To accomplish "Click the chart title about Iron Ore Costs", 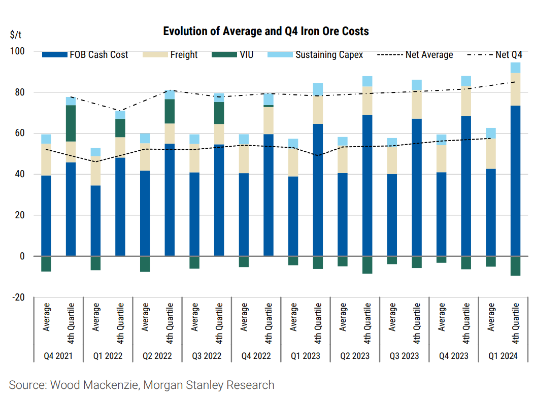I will tap(266, 31).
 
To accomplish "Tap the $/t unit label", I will tap(16, 35).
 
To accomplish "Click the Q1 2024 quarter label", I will tap(503, 356).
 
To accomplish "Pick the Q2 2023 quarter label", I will tap(355, 356).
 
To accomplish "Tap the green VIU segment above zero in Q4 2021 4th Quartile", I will tap(71, 123).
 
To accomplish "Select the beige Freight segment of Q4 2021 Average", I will tap(46, 159).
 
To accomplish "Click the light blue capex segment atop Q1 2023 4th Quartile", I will tap(318, 89).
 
